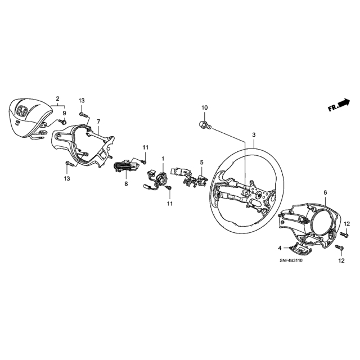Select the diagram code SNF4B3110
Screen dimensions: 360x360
pos(291,260)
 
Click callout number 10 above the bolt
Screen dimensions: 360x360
pos(204,107)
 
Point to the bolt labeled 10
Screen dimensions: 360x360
pos(205,125)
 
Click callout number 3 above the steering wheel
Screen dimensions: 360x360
pos(254,134)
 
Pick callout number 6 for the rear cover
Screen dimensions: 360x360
pos(325,192)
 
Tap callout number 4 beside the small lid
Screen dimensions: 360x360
pos(280,248)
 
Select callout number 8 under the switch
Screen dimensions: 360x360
pos(126,184)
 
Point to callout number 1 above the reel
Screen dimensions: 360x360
pos(163,159)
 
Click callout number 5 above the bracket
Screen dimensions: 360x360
pos(201,163)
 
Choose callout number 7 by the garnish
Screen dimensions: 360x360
pos(98,121)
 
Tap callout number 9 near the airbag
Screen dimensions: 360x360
pos(64,113)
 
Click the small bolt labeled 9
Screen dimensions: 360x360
pos(62,121)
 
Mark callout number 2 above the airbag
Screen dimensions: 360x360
pos(57,99)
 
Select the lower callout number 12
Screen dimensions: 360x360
pos(341,260)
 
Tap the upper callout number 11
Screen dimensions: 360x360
pos(146,147)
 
